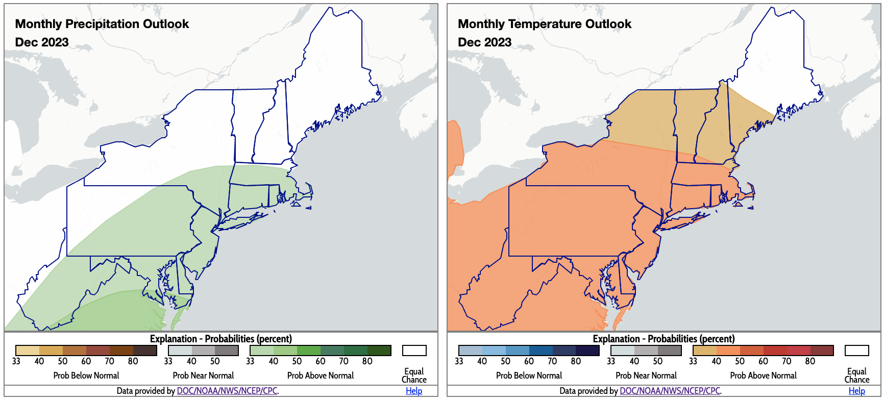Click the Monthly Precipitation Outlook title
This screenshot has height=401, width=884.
[102, 24]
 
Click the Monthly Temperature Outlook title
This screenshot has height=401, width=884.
[545, 24]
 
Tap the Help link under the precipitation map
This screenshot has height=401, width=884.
[414, 391]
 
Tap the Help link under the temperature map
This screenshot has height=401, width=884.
[856, 391]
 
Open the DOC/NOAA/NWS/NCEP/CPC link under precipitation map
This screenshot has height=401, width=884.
[227, 391]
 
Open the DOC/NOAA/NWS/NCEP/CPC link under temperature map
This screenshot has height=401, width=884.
[670, 391]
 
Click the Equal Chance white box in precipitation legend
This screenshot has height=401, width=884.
[414, 350]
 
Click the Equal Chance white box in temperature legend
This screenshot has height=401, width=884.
[856, 350]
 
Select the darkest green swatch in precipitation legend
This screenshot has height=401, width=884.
[379, 350]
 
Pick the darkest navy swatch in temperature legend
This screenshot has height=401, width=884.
[587, 350]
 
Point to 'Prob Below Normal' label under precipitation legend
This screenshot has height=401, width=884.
[86, 375]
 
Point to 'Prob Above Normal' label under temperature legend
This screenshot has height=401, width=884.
[763, 375]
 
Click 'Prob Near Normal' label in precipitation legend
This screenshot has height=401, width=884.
[203, 375]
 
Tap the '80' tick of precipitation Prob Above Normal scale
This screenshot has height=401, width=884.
[367, 361]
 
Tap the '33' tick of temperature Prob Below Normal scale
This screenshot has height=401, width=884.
[459, 361]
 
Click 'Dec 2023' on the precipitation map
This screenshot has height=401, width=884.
[42, 42]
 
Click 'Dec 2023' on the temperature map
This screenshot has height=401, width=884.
[484, 42]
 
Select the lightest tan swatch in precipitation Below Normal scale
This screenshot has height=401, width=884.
[28, 350]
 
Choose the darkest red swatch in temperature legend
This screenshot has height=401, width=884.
[822, 350]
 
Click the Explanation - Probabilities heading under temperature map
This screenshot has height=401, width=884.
[664, 339]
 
